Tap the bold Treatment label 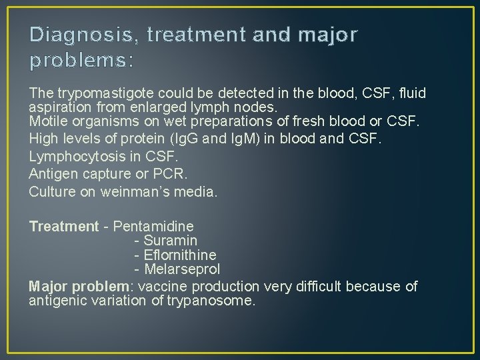pos(63,227)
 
